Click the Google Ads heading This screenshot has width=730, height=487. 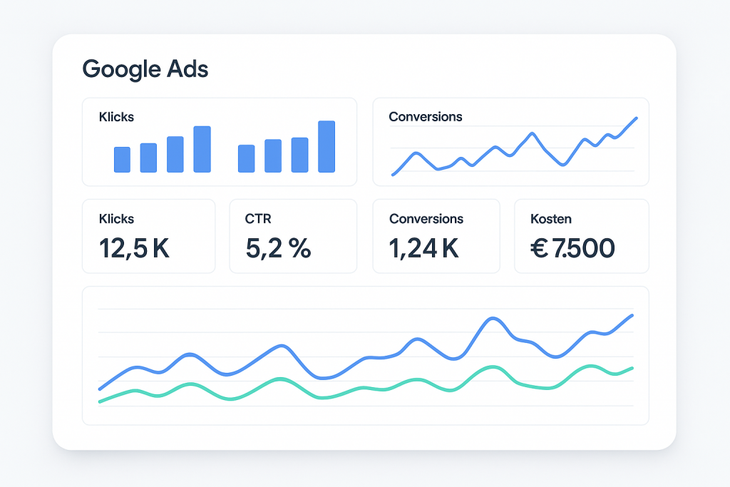(145, 69)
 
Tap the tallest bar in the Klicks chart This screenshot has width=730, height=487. (327, 146)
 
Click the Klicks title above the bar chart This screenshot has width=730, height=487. (116, 116)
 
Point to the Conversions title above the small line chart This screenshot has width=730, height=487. (425, 116)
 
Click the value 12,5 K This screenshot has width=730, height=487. (134, 248)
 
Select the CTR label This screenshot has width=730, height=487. (257, 219)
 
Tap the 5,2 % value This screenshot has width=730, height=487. (277, 248)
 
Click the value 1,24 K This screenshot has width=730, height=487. (424, 248)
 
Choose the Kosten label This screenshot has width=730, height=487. (551, 219)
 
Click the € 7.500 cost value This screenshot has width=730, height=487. (572, 248)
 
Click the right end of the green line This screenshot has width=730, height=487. (632, 368)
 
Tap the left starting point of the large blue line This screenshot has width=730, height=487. (100, 389)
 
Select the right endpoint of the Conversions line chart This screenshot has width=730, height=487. (636, 118)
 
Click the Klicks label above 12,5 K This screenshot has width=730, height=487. (116, 219)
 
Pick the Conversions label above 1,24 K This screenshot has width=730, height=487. (426, 219)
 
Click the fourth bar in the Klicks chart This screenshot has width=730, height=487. (202, 149)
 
